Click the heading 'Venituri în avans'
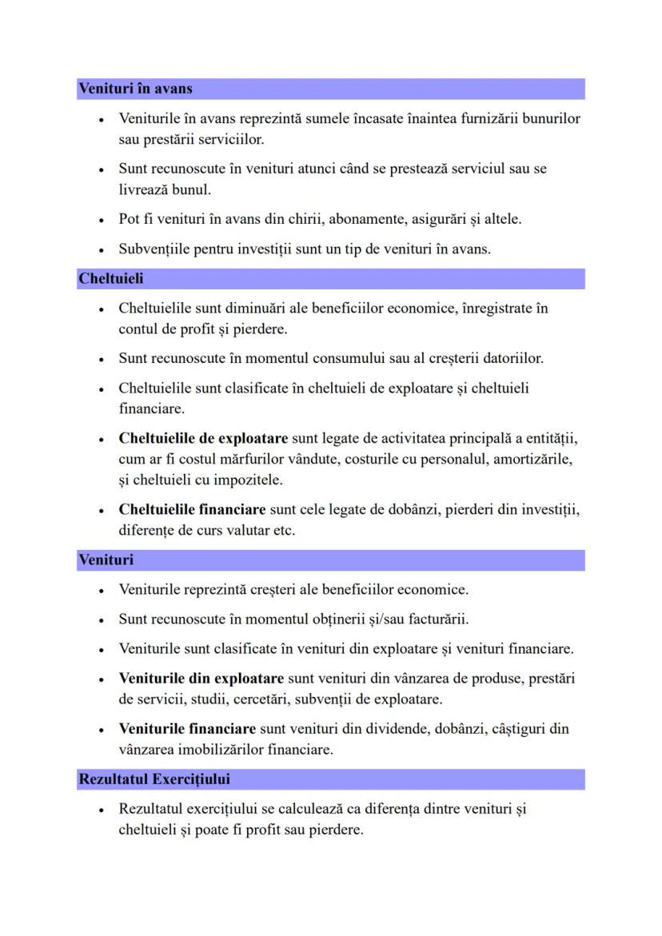click(x=135, y=89)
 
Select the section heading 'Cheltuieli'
click(x=110, y=279)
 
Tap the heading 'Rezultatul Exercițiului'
click(x=154, y=779)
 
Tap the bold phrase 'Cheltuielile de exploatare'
click(x=203, y=439)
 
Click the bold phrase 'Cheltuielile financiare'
click(x=192, y=509)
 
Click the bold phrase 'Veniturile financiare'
click(x=187, y=729)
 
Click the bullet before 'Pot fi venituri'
click(x=102, y=219)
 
